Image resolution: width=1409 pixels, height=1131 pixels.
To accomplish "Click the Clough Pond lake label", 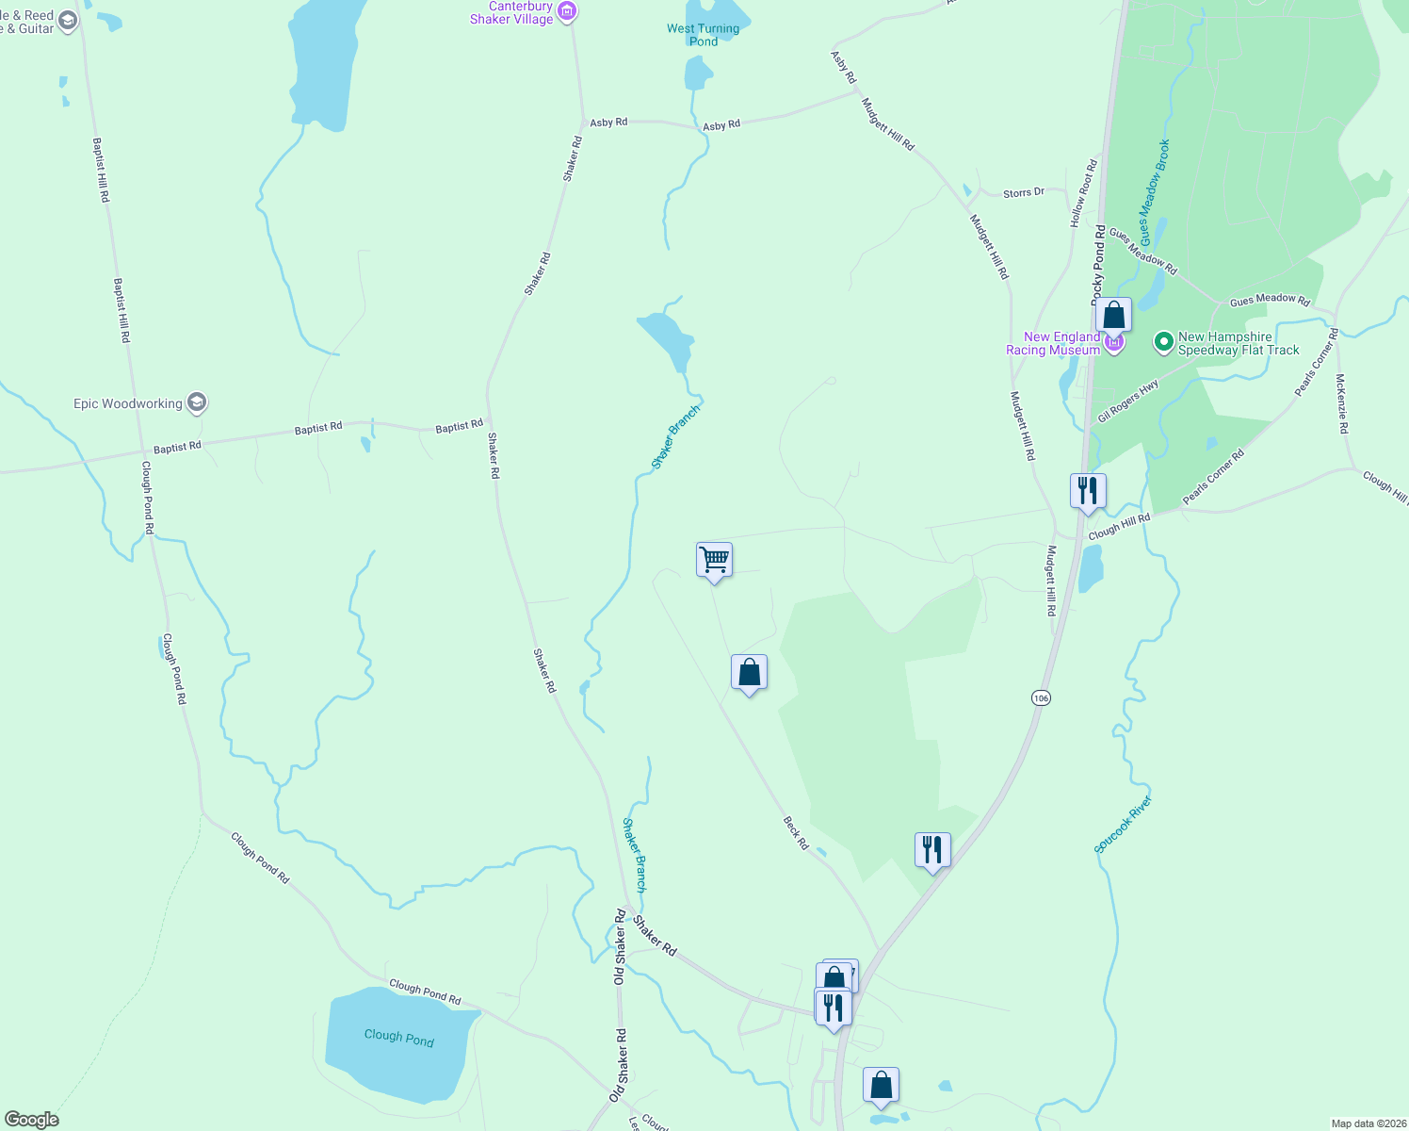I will point(399,1037).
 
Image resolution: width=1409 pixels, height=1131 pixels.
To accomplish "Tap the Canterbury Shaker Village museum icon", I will point(567,12).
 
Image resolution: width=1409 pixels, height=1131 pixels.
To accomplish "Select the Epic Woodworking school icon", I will point(197,403).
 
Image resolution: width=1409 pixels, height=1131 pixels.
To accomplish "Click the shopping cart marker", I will point(714,560).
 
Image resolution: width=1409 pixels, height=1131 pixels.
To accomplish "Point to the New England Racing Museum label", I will point(1053,343).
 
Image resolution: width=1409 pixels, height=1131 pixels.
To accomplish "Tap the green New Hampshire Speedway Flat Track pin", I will point(1164,342).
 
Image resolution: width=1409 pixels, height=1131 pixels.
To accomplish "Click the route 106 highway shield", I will point(1041,697).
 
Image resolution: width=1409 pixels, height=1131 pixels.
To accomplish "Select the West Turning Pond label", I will point(703,34).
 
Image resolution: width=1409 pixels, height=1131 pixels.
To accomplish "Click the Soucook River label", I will point(1124,825).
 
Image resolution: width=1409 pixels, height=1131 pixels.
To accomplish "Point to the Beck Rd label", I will point(796,833).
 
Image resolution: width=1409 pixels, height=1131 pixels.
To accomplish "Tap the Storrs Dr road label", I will point(1024,192).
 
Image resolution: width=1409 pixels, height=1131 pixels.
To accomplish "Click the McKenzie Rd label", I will point(1342,404).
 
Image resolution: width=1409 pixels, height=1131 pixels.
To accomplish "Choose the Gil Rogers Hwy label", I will point(1128,402).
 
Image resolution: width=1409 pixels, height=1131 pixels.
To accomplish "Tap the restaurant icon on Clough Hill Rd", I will point(1088,491).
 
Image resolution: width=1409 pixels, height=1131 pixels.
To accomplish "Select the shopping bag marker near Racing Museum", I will point(1113,315).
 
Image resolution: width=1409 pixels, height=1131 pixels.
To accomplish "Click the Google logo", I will point(31,1120).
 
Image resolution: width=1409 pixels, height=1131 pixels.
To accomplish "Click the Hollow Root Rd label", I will point(1083,193).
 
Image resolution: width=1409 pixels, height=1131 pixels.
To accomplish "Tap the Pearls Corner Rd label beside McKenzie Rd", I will point(1316,362).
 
